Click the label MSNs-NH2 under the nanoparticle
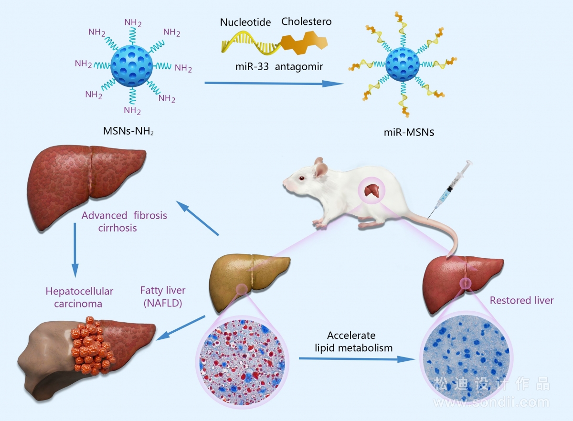[x=128, y=131]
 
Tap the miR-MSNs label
[x=409, y=132]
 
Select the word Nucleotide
[x=245, y=22]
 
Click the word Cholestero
[x=306, y=21]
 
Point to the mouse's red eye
[x=302, y=178]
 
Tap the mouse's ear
[x=321, y=169]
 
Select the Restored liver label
[x=521, y=301]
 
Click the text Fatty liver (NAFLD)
[x=163, y=297]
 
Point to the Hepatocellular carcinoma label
[x=79, y=297]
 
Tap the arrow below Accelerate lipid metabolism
[x=357, y=359]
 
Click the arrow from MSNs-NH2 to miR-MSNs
[x=274, y=83]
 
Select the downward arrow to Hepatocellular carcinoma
[x=75, y=250]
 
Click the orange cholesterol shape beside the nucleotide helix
[x=304, y=42]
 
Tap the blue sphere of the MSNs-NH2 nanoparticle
[x=132, y=66]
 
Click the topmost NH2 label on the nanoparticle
[x=133, y=23]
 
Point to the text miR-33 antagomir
[x=279, y=67]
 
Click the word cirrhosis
[x=117, y=228]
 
